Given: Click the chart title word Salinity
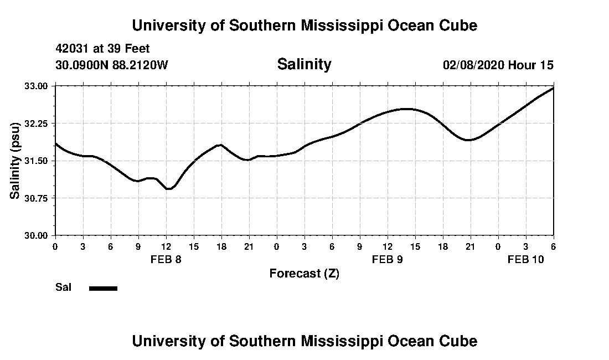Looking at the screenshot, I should pos(304,64).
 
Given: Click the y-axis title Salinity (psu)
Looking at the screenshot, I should pos(16,161).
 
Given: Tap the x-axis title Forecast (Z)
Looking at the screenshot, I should pos(304,274).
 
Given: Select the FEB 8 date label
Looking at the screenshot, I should pos(166,259).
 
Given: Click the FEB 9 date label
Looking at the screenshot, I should pos(388,259).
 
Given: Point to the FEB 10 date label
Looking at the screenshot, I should pos(526,259).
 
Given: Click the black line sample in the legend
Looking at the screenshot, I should pos(103,288).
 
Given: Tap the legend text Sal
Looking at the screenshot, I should pos(62,287).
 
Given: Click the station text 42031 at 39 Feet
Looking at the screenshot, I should pos(102,49).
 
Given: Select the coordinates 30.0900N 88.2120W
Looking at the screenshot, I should pos(111,65).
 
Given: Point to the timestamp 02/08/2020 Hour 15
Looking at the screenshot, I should pos(498,65).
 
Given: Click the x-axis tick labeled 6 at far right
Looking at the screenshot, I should pos(553,246).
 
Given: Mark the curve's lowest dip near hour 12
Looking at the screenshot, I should pos(169,189).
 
